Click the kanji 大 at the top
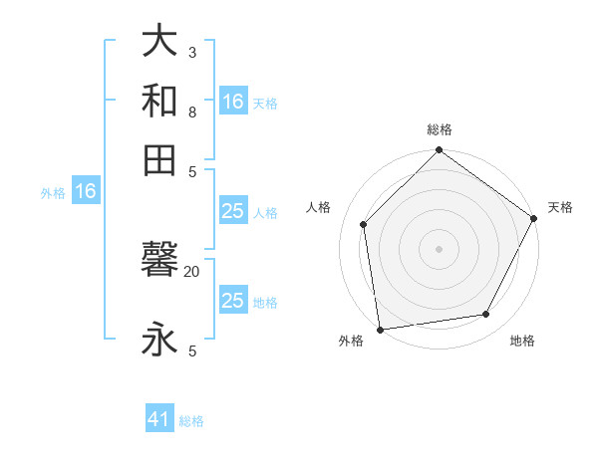(159, 42)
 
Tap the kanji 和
(159, 100)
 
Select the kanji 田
(159, 158)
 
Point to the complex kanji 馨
(159, 261)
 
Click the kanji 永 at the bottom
(159, 339)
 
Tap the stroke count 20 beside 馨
(192, 271)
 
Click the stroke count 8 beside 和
(192, 112)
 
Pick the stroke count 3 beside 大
(192, 52)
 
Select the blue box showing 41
(159, 419)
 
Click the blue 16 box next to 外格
(85, 191)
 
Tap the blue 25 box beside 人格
(233, 211)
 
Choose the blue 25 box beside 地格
(233, 301)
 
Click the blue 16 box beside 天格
(233, 102)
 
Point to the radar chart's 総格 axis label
(440, 129)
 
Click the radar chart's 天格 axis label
(561, 207)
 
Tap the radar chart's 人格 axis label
(319, 207)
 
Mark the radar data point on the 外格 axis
(380, 329)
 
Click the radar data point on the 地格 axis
(486, 314)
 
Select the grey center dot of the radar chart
(440, 248)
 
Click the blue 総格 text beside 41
(191, 420)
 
